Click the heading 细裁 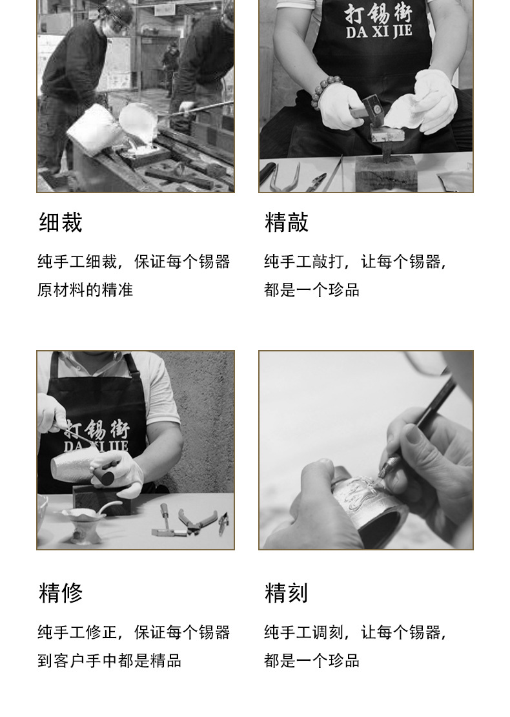coord(60,223)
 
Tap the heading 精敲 coord(287,223)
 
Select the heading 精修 coord(60,593)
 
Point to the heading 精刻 coord(286,593)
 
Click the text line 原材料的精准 coord(85,290)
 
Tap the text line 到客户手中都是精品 coord(109,661)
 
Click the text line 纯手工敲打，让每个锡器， coord(355,262)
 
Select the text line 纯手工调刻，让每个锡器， coord(355,632)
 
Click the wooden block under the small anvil coord(386,174)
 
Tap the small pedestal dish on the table coord(82,522)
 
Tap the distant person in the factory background coord(170,68)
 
